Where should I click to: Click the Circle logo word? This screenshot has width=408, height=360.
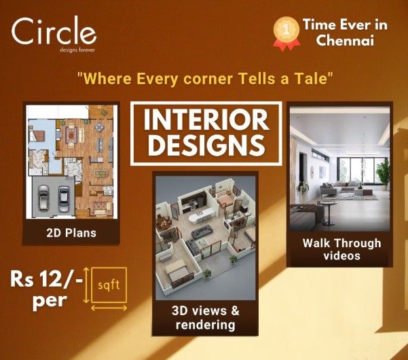[54, 31]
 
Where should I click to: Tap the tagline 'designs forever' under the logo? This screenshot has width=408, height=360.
[77, 50]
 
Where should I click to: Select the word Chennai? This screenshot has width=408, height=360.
[345, 40]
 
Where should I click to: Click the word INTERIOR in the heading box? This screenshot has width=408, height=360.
[206, 120]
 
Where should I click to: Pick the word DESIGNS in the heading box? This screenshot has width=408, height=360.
[206, 145]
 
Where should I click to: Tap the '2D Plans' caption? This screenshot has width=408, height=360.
[71, 233]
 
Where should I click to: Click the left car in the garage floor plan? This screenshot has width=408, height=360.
[43, 198]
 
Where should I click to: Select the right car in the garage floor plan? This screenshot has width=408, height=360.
[63, 198]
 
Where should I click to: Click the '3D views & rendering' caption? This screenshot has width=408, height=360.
[206, 318]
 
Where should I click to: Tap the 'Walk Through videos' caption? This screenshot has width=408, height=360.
[341, 249]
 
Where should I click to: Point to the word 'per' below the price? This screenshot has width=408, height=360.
[50, 302]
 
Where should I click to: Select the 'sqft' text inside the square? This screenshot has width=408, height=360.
[109, 285]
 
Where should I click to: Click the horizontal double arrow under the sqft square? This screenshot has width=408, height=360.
[109, 308]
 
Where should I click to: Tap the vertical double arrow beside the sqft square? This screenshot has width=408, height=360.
[86, 285]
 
